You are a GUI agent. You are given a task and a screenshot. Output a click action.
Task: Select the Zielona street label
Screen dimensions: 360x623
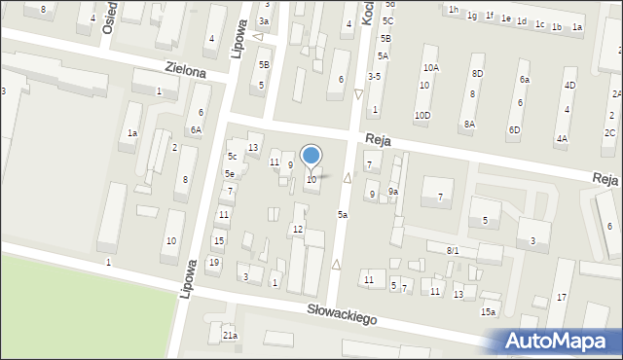pos(185,71)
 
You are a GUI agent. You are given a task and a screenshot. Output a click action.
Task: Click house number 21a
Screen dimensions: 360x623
pos(230,335)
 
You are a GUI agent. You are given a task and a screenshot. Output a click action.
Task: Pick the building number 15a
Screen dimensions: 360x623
pos(488,311)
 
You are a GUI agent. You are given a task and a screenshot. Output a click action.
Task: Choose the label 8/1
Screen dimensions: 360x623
pos(453,251)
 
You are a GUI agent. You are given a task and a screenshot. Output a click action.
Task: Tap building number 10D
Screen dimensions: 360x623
pos(422,115)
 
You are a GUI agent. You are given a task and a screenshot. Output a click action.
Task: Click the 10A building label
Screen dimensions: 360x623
pos(430,68)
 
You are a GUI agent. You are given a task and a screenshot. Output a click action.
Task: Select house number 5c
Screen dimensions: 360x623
pos(232,157)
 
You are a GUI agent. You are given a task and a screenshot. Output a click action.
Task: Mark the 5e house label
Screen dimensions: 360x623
pos(229,174)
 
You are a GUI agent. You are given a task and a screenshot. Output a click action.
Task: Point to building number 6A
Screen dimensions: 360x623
pos(196,129)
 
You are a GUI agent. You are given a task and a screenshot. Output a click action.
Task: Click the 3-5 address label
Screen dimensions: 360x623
pos(374,76)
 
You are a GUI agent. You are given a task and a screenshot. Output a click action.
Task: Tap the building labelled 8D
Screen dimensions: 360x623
pos(477,73)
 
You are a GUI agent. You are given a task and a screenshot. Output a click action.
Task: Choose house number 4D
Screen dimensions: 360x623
pos(569,86)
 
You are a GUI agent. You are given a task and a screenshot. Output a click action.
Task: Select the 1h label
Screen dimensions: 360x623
pos(454,10)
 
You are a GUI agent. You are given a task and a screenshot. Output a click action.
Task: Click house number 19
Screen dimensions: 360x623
pos(213,263)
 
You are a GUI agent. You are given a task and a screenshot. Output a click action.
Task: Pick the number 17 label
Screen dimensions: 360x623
pos(562,296)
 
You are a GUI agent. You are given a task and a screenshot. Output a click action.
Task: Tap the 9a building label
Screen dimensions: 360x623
pos(393,192)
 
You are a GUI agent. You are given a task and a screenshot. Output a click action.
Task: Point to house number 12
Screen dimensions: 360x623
pos(298,229)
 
